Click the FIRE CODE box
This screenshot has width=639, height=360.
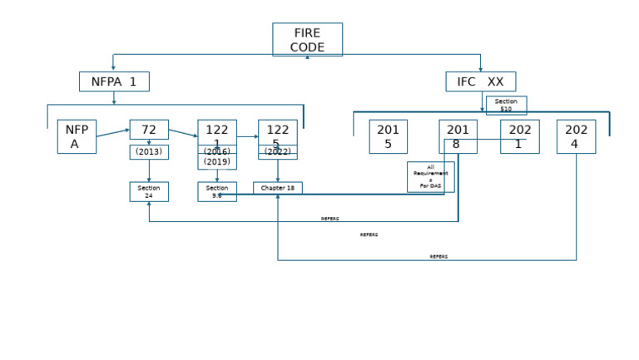tap(307, 39)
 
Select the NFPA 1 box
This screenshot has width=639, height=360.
tap(114, 81)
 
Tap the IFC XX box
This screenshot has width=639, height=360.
tap(480, 81)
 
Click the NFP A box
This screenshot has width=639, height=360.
tap(77, 136)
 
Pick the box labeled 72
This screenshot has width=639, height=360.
tap(149, 129)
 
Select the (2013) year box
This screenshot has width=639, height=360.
tap(149, 152)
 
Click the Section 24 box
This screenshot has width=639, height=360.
tap(149, 191)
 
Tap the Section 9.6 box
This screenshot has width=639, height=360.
tap(217, 191)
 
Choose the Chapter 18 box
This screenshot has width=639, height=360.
tap(278, 188)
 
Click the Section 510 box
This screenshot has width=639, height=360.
tap(506, 106)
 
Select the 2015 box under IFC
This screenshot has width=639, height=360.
tap(388, 136)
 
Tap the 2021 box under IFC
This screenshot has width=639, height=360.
tap(520, 136)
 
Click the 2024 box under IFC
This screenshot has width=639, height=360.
tap(576, 136)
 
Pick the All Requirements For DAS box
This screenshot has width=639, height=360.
tap(430, 176)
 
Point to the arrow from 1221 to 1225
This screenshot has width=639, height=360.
tap(247, 136)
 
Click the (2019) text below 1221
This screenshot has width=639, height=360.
tap(217, 162)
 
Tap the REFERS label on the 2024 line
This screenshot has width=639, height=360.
tap(438, 257)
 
